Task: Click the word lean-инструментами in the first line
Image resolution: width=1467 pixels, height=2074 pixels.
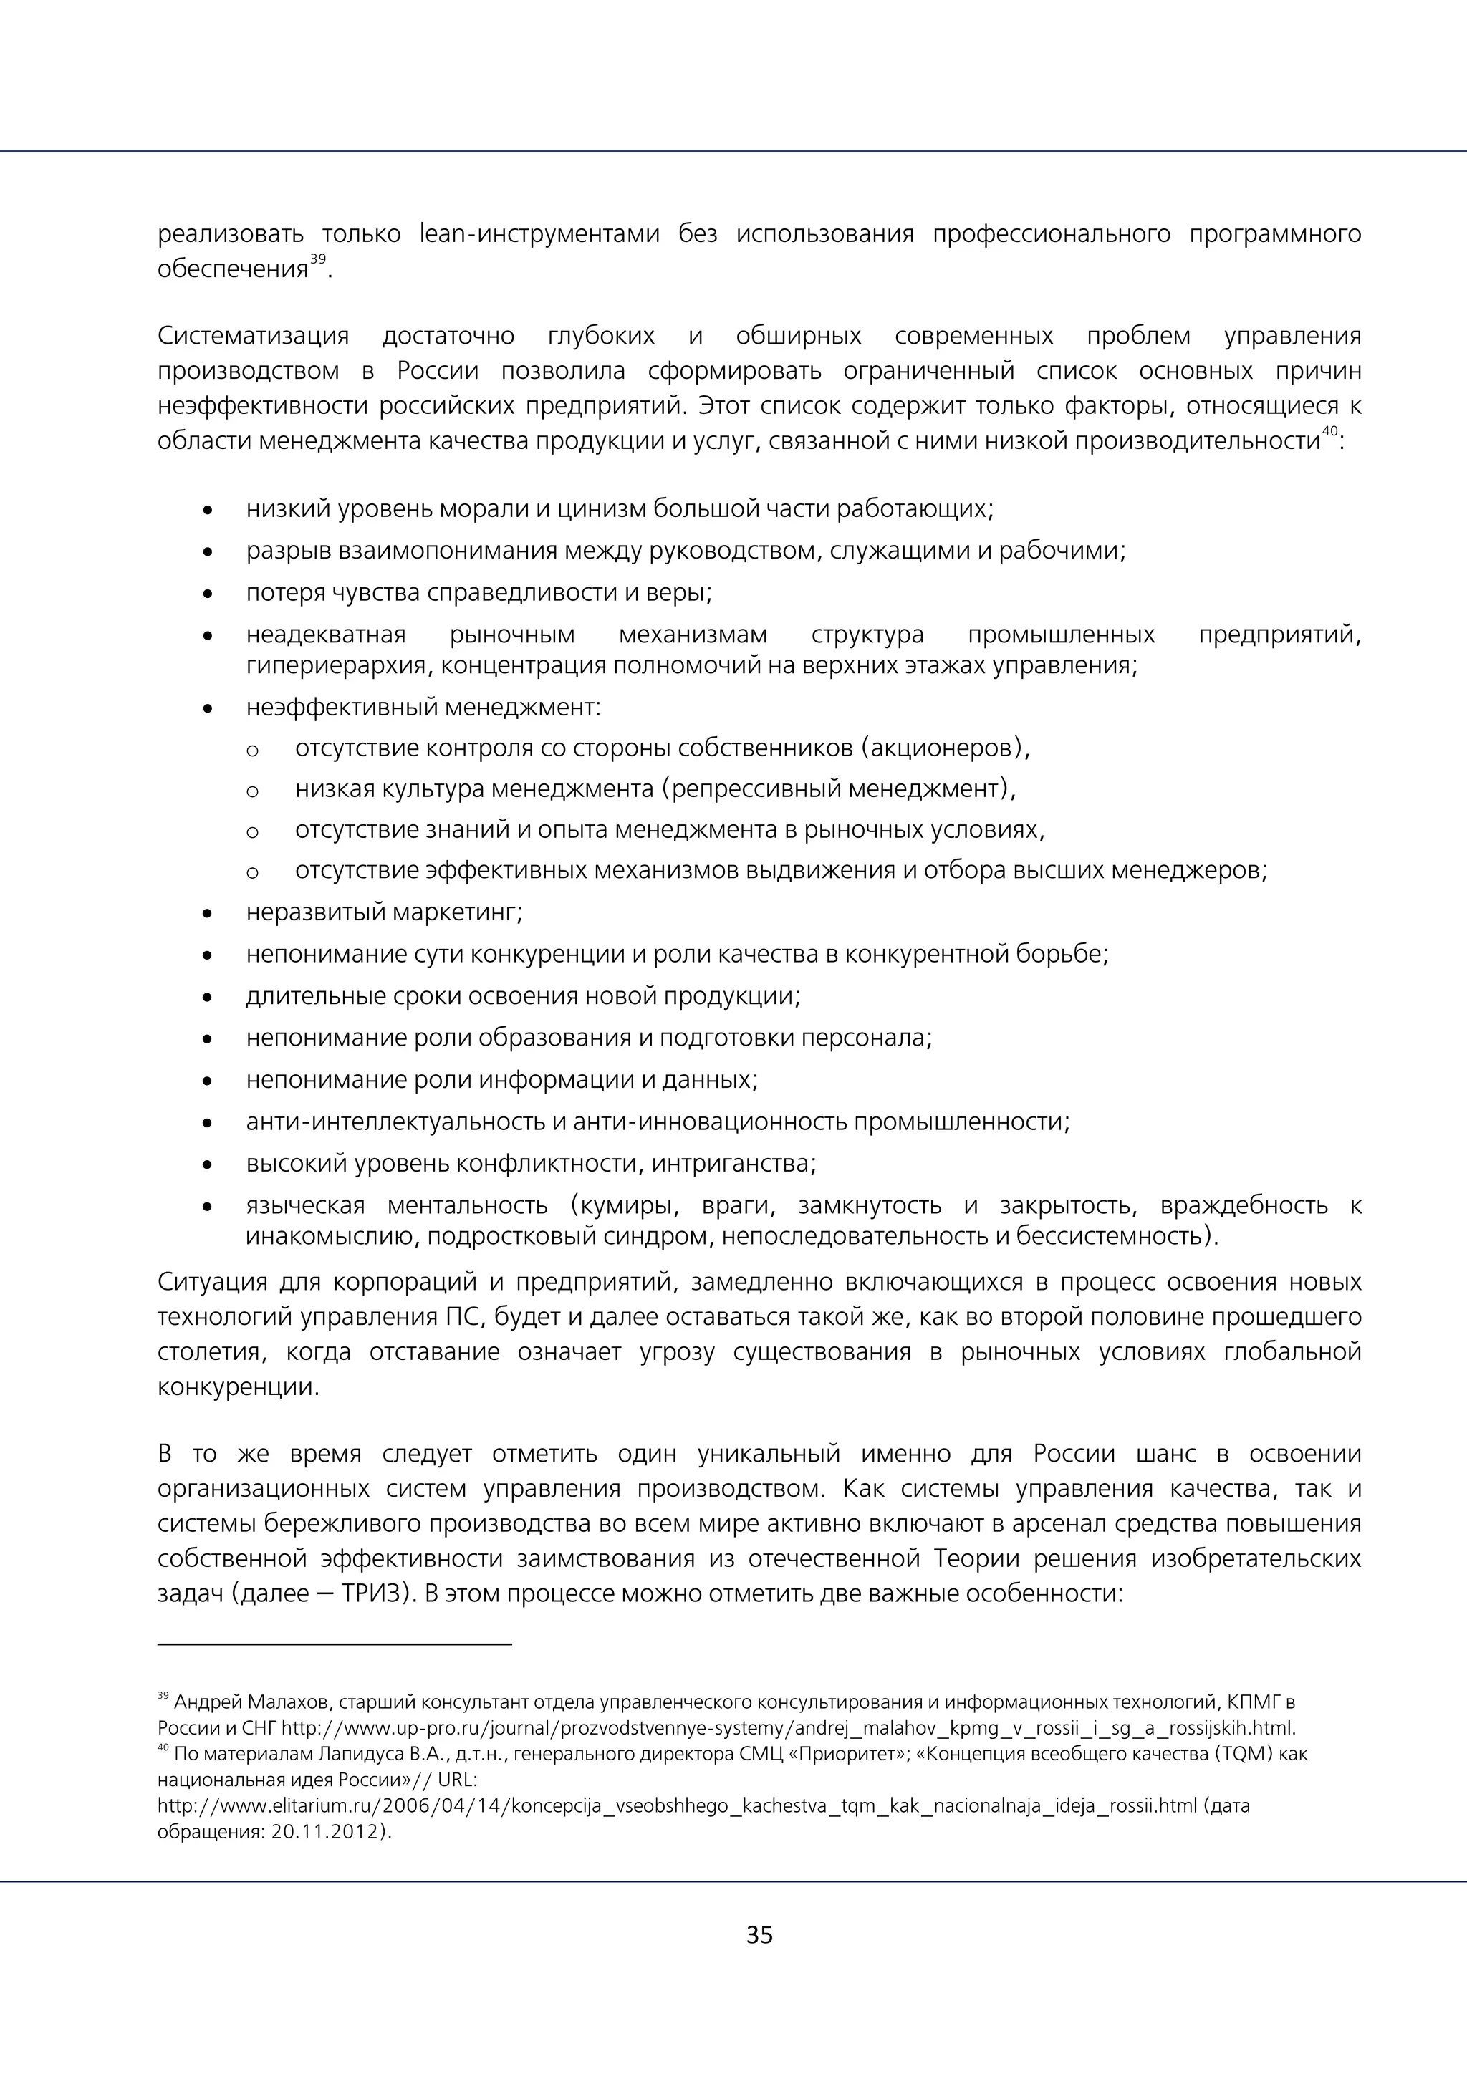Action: [540, 234]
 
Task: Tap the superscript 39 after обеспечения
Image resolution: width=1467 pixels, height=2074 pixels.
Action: [318, 260]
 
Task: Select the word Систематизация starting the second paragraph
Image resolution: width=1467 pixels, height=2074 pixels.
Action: [253, 336]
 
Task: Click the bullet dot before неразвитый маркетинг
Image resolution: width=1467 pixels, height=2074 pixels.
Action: [208, 913]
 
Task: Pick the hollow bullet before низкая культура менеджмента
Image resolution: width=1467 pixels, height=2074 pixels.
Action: [252, 791]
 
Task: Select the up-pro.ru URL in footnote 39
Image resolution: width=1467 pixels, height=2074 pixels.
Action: [788, 1728]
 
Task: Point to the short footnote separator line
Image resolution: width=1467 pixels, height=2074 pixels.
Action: [335, 1644]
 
